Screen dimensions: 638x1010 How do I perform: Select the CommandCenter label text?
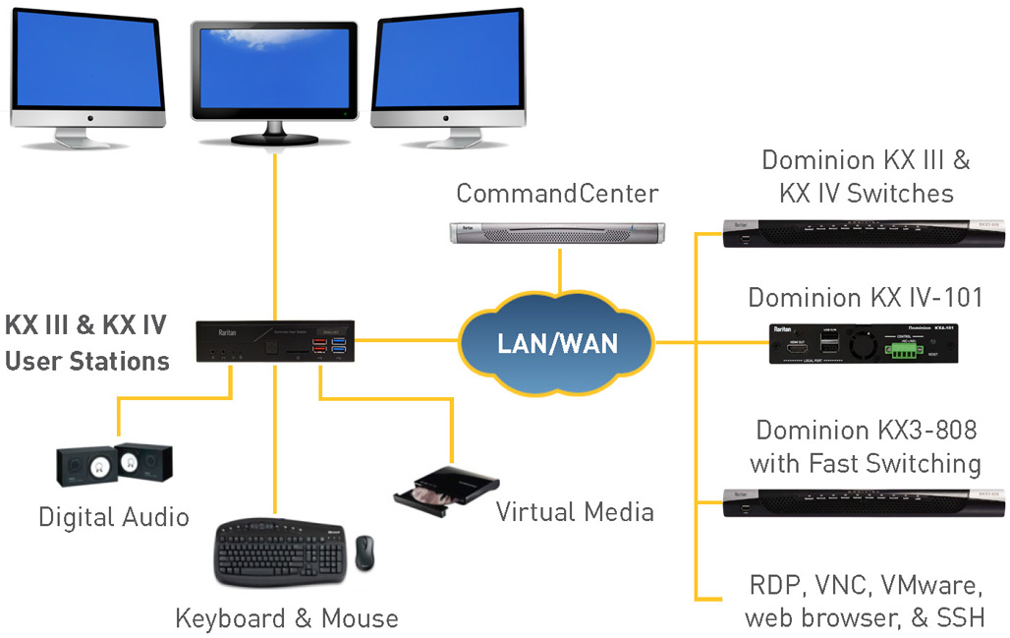pos(557,193)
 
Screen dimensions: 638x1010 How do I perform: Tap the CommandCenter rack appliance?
pos(557,233)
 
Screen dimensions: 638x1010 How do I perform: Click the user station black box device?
pos(276,342)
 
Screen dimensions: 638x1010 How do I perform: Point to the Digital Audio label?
pos(114,516)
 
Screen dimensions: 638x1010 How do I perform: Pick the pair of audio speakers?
pos(114,465)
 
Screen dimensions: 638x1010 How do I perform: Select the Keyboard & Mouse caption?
pos(287,618)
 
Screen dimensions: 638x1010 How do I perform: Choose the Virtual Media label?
pos(575,511)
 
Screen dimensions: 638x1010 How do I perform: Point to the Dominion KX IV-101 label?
pos(865,297)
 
